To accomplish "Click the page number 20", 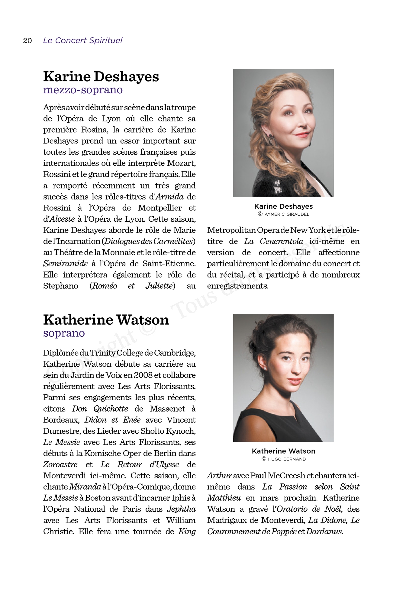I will [27, 40].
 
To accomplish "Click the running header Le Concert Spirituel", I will [82, 40].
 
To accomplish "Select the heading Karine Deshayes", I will [101, 76].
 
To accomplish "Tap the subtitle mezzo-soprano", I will [83, 90].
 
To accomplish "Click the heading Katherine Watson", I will [106, 320].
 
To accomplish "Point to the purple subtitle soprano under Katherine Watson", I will [64, 333].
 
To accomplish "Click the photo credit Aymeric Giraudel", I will [287, 214].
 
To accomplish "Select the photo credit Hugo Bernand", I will [287, 459].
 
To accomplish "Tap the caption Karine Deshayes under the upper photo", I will [283, 207].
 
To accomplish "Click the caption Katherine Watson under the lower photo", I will [283, 451].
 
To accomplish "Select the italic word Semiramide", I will [65, 264].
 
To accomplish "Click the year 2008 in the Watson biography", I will [143, 375].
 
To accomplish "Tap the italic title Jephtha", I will [181, 509].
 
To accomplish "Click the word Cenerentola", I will [281, 241].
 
